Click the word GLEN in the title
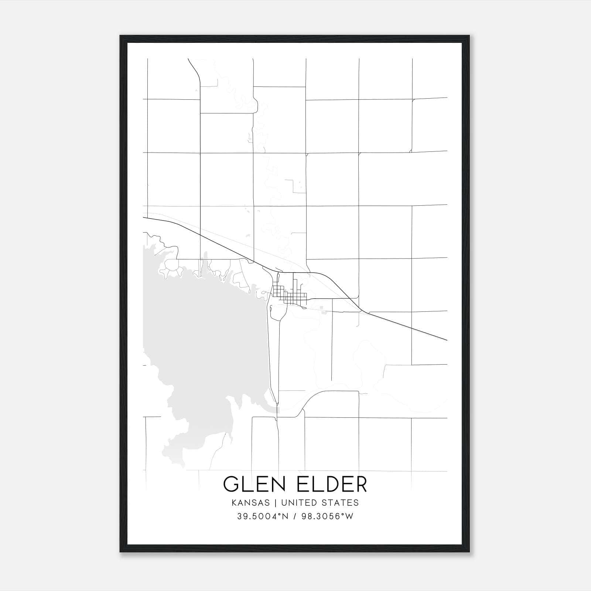[253, 484]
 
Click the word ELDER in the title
[332, 484]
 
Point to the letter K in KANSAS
[234, 503]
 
